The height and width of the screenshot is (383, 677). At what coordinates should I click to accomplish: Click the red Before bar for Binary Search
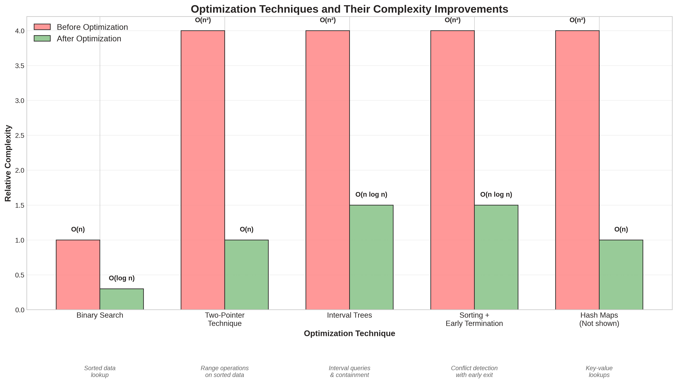(x=78, y=275)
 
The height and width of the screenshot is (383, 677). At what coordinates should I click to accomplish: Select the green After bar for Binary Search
(x=122, y=299)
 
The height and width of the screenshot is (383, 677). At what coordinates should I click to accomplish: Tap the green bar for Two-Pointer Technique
(x=246, y=275)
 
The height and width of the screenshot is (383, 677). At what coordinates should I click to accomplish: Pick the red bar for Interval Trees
(x=328, y=170)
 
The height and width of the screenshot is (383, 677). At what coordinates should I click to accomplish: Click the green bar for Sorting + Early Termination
(x=496, y=257)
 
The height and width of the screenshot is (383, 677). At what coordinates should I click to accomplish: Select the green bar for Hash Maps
(x=621, y=275)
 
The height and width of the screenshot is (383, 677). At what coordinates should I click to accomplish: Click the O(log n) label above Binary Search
(x=122, y=278)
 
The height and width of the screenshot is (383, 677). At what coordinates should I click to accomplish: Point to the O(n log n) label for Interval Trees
(x=371, y=194)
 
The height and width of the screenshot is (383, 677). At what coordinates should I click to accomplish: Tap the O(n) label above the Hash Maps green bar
(x=621, y=229)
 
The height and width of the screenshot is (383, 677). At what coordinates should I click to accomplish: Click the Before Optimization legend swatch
(x=42, y=27)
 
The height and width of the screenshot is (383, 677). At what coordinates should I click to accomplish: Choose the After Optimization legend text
(x=89, y=39)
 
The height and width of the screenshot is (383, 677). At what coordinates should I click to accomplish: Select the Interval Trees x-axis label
(x=349, y=315)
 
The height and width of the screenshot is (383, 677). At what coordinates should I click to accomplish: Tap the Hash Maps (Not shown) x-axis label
(x=599, y=319)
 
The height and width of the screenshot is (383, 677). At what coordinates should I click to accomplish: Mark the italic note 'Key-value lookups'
(x=599, y=371)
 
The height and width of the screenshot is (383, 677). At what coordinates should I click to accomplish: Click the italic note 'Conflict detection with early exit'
(x=474, y=371)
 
